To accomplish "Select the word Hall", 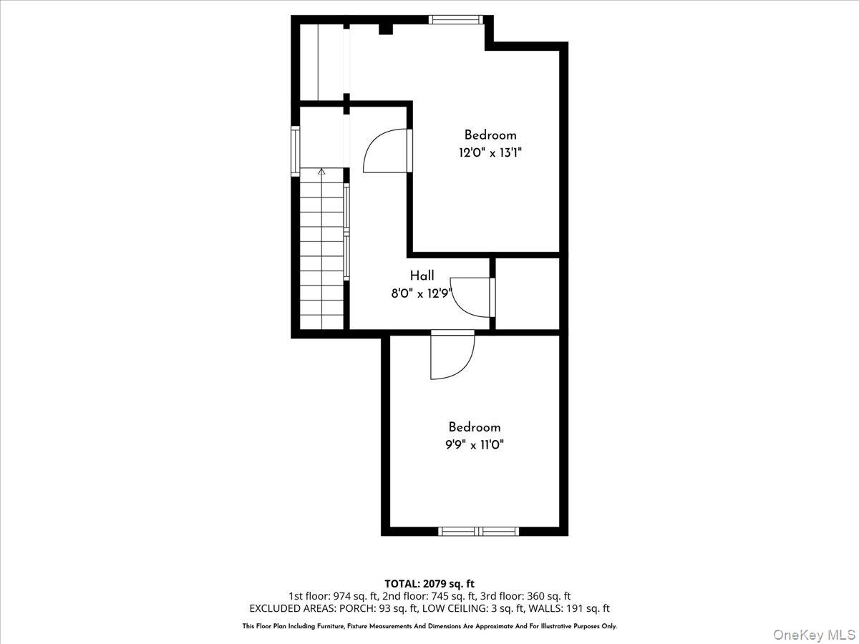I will point(422,275).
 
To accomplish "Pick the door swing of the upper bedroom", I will point(387,151).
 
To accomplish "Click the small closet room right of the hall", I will point(528,293).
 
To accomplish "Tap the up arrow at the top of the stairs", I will point(321,172).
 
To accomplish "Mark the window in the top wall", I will point(456,20).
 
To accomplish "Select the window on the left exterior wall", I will point(295,151).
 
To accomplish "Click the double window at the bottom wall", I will point(478,531).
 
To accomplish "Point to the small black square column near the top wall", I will point(385,29).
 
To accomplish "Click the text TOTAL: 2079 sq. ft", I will point(429,584).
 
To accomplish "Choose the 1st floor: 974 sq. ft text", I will point(329,596).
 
